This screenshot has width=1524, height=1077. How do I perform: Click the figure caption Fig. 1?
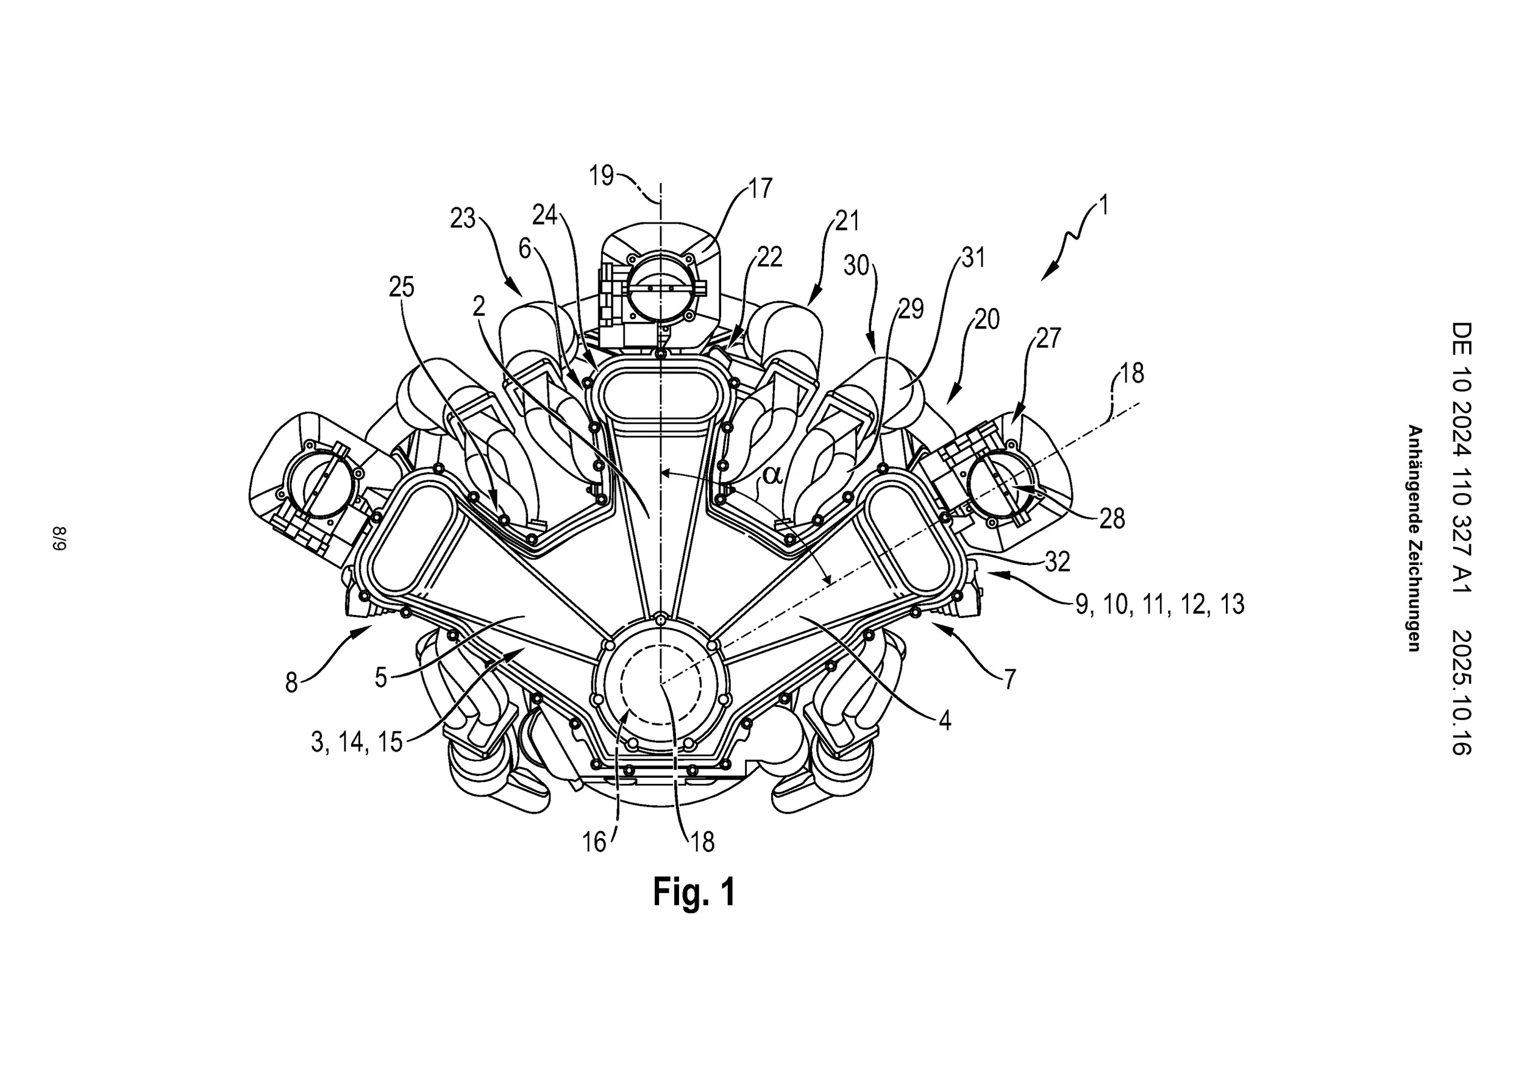pyautogui.click(x=694, y=891)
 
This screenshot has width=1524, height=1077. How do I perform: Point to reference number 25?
pyautogui.click(x=401, y=286)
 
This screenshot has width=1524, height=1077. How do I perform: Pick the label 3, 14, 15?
pyautogui.click(x=357, y=742)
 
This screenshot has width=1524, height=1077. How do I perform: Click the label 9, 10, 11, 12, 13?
pyautogui.click(x=1159, y=604)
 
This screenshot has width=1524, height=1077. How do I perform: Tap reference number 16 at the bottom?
pyautogui.click(x=594, y=842)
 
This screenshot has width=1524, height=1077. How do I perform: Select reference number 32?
pyautogui.click(x=1058, y=561)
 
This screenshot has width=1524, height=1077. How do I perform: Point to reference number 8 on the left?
pyautogui.click(x=291, y=682)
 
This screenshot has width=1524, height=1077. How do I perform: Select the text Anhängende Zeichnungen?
pyautogui.click(x=1414, y=538)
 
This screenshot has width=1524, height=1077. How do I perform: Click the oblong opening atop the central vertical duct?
pyautogui.click(x=660, y=394)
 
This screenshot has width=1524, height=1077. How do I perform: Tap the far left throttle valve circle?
pyautogui.click(x=316, y=478)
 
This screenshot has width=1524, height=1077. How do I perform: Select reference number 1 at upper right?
pyautogui.click(x=1103, y=204)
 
